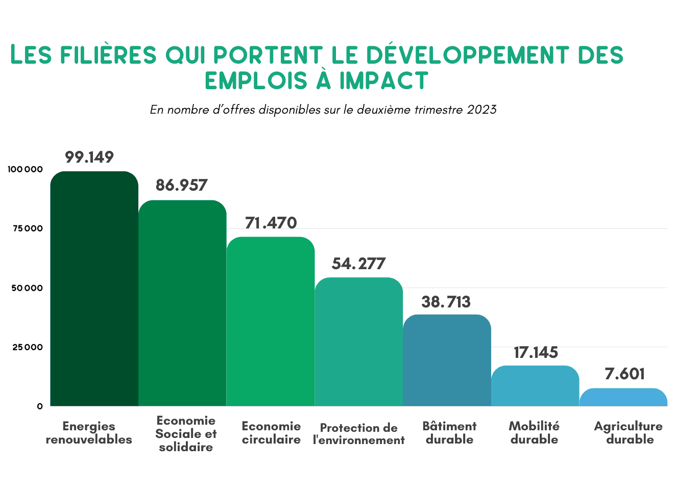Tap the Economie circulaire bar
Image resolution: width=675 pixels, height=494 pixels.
click(x=271, y=321)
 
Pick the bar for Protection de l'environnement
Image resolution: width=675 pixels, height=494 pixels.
click(x=359, y=342)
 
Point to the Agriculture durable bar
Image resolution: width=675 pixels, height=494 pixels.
click(x=623, y=397)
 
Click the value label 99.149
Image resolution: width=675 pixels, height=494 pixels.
click(x=89, y=157)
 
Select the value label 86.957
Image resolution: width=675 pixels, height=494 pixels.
click(x=182, y=185)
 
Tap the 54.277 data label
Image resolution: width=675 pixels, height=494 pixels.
click(x=358, y=264)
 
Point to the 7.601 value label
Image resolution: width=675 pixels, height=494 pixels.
click(x=624, y=374)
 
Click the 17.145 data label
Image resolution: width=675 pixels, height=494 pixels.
click(x=536, y=352)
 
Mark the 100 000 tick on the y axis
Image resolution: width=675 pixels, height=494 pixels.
click(x=26, y=169)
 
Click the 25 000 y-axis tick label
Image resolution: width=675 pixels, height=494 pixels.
click(x=28, y=347)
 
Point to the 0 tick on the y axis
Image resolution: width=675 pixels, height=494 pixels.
click(x=40, y=406)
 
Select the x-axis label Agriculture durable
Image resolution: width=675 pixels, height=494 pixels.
click(x=629, y=433)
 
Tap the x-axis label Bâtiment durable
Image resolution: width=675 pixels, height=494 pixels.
click(x=449, y=433)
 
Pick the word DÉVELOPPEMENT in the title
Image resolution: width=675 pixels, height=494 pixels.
click(x=467, y=55)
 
